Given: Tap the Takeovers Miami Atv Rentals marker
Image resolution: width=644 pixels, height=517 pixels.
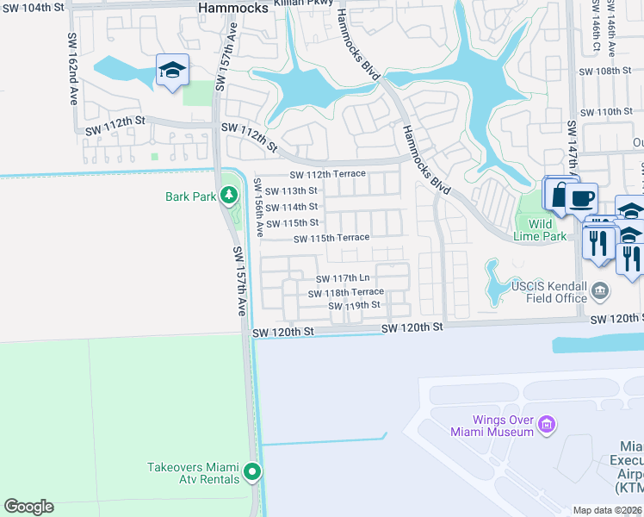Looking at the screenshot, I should (252, 471).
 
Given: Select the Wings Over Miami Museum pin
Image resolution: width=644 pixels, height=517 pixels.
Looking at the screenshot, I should (545, 425).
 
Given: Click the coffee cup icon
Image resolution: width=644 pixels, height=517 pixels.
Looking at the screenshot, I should (581, 198).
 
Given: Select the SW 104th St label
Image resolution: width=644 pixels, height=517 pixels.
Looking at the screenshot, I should (32, 6).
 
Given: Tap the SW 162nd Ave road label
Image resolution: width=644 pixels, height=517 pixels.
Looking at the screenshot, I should (72, 70).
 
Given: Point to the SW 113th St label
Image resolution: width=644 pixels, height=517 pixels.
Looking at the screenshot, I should (291, 191).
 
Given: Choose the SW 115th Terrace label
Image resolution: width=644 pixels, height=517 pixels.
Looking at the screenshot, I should (331, 238).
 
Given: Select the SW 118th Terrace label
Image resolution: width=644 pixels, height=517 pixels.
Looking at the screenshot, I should (346, 293).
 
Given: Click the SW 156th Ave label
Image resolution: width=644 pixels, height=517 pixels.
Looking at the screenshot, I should (258, 206).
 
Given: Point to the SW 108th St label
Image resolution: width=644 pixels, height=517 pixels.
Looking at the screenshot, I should (606, 72).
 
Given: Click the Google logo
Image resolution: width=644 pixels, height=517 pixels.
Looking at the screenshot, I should (28, 507).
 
